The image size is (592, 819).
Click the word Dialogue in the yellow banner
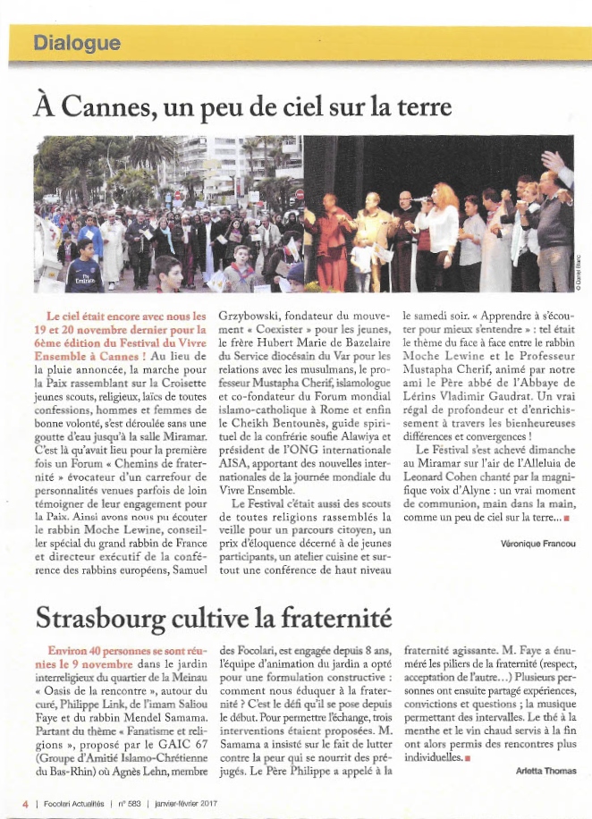pos(76,42)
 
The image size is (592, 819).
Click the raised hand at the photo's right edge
pos(556,162)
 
